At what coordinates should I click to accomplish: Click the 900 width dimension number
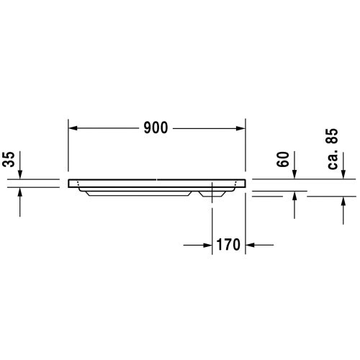pos(156,127)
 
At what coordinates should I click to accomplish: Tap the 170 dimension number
pos(228,245)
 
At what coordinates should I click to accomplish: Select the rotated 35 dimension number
pos(9,159)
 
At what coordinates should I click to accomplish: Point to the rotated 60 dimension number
pos(283,159)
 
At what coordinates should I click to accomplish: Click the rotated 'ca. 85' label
pos(333,149)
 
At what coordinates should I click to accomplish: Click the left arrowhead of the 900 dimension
pos(73,128)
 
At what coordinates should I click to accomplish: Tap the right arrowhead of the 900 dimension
pos(240,128)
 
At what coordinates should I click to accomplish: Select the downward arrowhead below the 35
pos(20,174)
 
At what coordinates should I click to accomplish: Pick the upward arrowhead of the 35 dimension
pos(20,192)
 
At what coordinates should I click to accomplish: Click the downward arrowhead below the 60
pos(294,174)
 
